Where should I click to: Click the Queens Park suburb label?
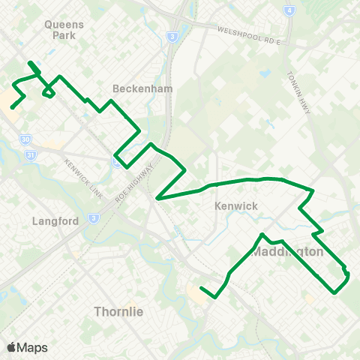(x=64, y=28)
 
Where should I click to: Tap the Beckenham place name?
(x=142, y=88)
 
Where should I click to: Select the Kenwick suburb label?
(x=235, y=205)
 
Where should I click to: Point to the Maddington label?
(x=288, y=251)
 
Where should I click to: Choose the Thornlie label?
(x=119, y=310)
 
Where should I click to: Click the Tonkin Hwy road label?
(x=298, y=93)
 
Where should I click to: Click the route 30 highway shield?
(x=26, y=139)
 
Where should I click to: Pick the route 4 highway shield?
(x=289, y=10)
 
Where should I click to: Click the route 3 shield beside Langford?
(x=94, y=218)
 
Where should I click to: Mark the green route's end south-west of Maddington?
(x=201, y=288)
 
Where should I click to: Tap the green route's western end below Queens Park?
(x=11, y=108)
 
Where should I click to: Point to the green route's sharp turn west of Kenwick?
(x=157, y=199)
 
